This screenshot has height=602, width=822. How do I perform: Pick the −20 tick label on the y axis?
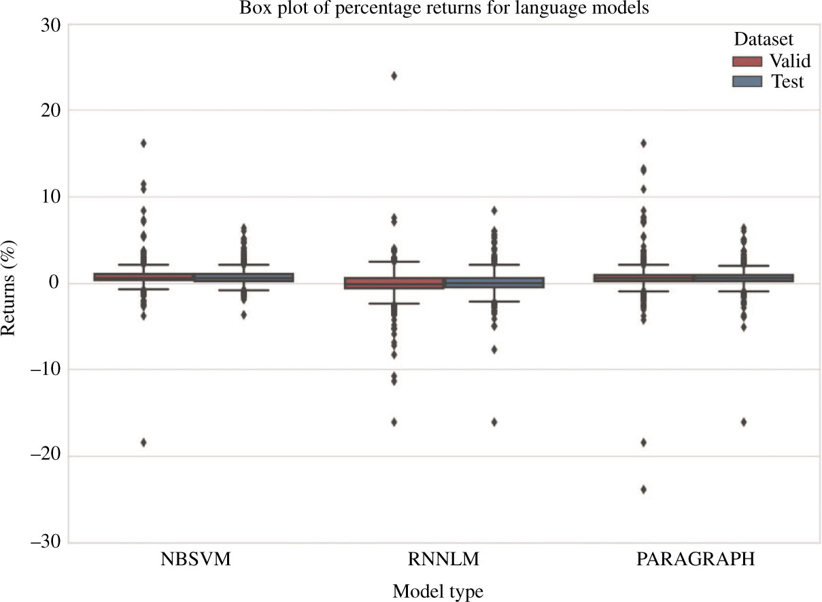pos(43,456)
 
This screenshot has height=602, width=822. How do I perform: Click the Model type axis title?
pos(438,591)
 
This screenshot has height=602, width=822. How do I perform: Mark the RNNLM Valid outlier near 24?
pos(394,75)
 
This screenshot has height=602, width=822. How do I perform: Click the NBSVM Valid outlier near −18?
pos(143,442)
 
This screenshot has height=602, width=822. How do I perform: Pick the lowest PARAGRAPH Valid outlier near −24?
pos(644,489)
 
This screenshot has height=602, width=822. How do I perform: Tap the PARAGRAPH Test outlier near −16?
pos(744,422)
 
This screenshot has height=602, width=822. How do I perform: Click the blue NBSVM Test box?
pos(243,277)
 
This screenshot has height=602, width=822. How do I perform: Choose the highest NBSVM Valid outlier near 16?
pos(143,143)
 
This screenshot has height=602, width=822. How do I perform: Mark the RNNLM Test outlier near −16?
pos(494,422)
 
